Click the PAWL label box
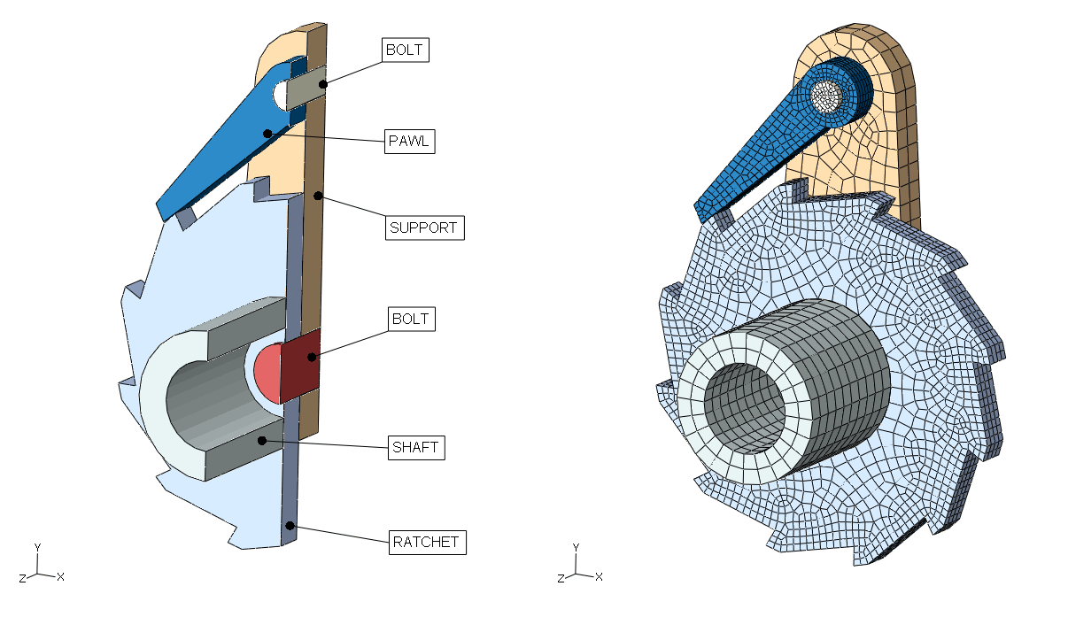pos(410,141)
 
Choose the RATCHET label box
pos(427,541)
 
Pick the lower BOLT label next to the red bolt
pos(412,319)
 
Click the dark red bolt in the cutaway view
pos(299,365)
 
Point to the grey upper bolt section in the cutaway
pos(306,86)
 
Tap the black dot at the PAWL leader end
pos(267,133)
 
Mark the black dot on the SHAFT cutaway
pos(261,439)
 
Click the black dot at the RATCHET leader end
pos(290,525)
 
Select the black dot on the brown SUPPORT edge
pos(314,195)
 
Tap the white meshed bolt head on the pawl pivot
pos(829,96)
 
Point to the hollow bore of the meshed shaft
pos(748,407)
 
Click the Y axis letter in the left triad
pos(36,547)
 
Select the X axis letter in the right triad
pos(599,576)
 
